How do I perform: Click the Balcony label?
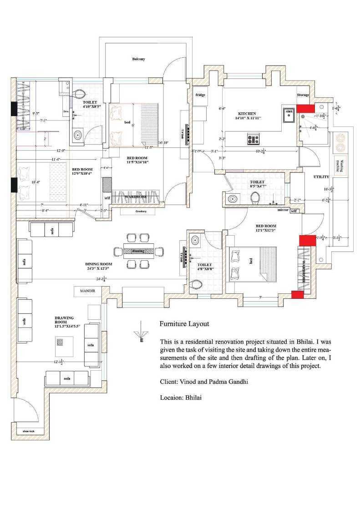click(138, 59)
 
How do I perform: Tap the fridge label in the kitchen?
click(200, 95)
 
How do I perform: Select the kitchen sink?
click(288, 114)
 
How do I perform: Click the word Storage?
click(303, 95)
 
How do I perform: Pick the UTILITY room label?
click(321, 176)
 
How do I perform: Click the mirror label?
click(283, 210)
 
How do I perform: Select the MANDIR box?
click(87, 290)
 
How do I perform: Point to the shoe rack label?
click(23, 430)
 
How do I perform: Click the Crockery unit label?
click(140, 212)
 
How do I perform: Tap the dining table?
click(138, 251)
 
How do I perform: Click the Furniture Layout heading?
click(184, 324)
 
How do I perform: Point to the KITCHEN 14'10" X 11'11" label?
click(248, 116)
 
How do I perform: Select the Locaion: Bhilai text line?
click(181, 398)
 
